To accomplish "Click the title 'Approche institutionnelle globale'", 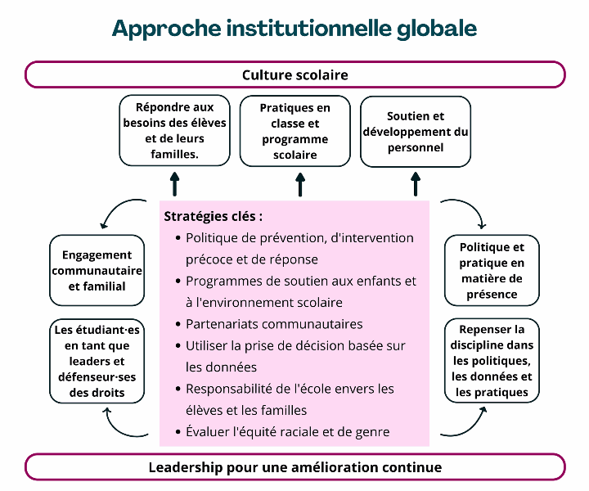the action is (x=294, y=29).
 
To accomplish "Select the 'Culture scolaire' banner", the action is (x=294, y=74).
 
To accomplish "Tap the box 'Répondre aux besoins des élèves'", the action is (x=175, y=130).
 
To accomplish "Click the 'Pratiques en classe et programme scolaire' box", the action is (x=294, y=131).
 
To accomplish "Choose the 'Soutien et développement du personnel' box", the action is (x=416, y=132).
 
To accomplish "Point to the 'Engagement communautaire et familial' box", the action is (x=97, y=271).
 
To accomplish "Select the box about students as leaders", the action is (x=97, y=361).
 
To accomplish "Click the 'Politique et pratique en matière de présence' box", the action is (x=492, y=271).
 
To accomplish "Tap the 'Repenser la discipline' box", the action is (x=492, y=361).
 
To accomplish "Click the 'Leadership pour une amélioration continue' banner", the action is (x=294, y=467).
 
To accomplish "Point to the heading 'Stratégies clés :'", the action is (x=213, y=216).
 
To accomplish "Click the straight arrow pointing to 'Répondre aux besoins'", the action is (x=175, y=184).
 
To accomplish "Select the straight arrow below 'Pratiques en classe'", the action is (x=300, y=184).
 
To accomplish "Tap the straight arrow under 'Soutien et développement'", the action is (x=416, y=184).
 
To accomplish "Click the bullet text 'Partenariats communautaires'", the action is (x=274, y=324).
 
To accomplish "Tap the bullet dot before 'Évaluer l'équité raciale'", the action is (x=178, y=432).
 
